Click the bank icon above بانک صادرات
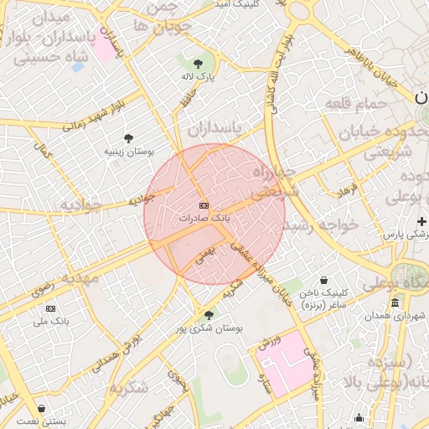click(204, 205)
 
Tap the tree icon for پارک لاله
click(198, 64)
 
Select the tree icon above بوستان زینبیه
click(128, 138)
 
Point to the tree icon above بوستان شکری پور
click(209, 315)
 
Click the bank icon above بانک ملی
click(51, 308)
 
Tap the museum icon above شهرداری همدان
click(395, 302)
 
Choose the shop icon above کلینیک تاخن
click(324, 280)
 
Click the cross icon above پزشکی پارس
click(422, 222)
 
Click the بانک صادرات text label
click(204, 218)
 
